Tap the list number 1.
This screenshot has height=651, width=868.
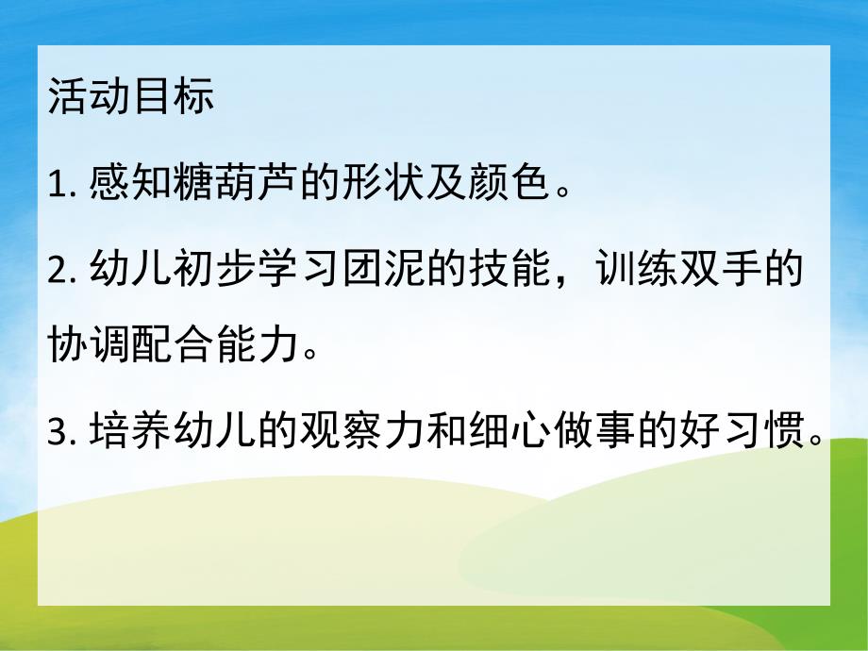55,186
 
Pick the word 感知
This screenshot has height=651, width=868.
132,185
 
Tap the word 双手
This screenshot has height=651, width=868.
698,272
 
